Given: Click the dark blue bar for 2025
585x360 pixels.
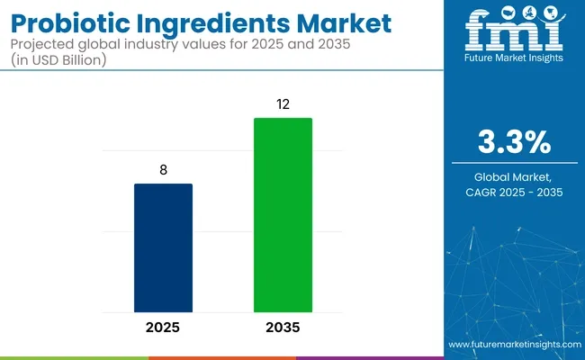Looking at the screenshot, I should pos(163,247).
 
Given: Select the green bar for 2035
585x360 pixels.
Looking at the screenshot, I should pos(283,214).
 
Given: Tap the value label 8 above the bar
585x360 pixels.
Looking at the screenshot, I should pos(163,170).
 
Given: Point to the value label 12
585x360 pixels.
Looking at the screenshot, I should pos(283,104).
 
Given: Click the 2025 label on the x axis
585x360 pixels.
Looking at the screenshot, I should pos(163,327).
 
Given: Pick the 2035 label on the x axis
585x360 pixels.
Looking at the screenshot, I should pos(283,327).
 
